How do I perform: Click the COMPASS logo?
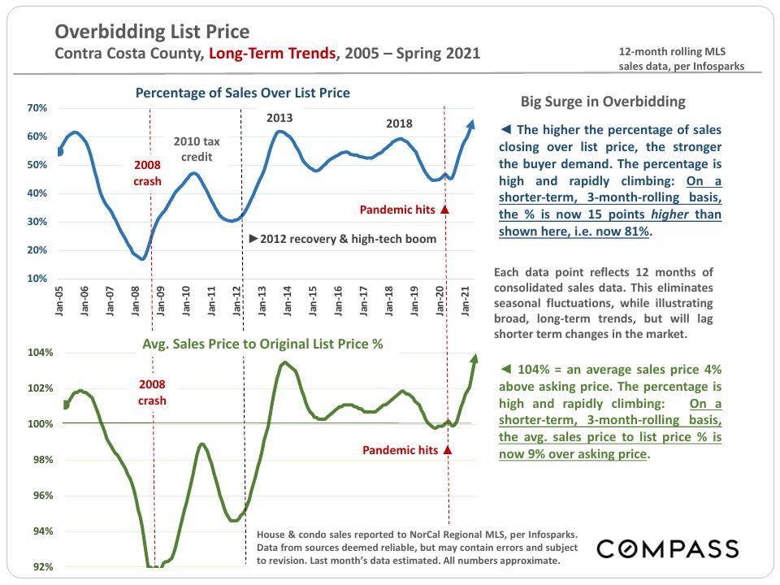(668, 548)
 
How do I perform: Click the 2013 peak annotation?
(279, 119)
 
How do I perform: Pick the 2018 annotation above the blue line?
(399, 124)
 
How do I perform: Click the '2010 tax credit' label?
(197, 149)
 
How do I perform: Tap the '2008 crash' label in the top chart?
(147, 173)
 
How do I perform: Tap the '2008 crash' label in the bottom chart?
(152, 393)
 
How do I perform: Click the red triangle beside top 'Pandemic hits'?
(444, 210)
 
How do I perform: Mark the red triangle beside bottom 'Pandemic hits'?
(447, 449)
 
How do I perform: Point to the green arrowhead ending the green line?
(474, 358)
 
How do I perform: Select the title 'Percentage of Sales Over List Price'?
(242, 93)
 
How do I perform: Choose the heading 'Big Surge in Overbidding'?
(603, 102)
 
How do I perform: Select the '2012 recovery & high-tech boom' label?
(342, 239)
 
